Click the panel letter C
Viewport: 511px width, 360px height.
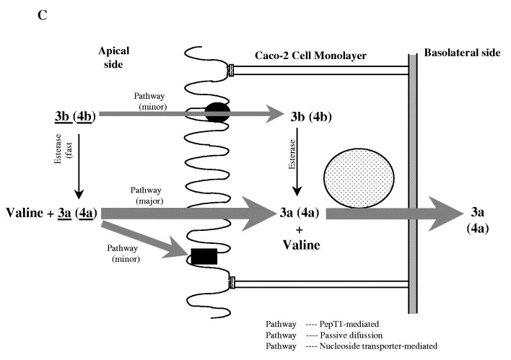pos(43,15)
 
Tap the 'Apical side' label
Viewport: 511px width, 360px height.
pos(114,57)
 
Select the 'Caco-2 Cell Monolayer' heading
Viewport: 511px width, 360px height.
pos(310,56)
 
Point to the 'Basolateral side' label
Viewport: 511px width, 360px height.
pos(462,53)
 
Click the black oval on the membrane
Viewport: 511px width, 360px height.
pos(217,113)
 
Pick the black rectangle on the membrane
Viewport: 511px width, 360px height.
pos(204,256)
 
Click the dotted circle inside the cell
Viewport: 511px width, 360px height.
pos(359,178)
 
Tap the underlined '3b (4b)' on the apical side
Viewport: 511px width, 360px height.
pos(75,117)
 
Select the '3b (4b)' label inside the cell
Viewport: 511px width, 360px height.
pos(311,117)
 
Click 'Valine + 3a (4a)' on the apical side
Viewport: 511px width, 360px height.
pos(51,213)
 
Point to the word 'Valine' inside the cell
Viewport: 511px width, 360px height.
pos(301,245)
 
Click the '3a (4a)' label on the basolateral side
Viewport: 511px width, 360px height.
pos(477,220)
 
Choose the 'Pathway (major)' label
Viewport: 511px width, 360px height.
pos(148,196)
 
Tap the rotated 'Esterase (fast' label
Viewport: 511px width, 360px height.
pos(64,149)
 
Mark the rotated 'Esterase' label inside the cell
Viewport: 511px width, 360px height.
pos(292,154)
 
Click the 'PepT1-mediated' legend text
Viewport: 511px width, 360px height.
pos(349,324)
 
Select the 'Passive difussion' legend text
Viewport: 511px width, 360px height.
pos(351,335)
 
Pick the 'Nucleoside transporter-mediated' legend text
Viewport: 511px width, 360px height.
pos(378,346)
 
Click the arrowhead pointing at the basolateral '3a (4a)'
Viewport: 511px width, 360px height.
pos(445,214)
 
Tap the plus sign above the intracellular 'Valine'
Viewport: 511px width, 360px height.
pos(300,230)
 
